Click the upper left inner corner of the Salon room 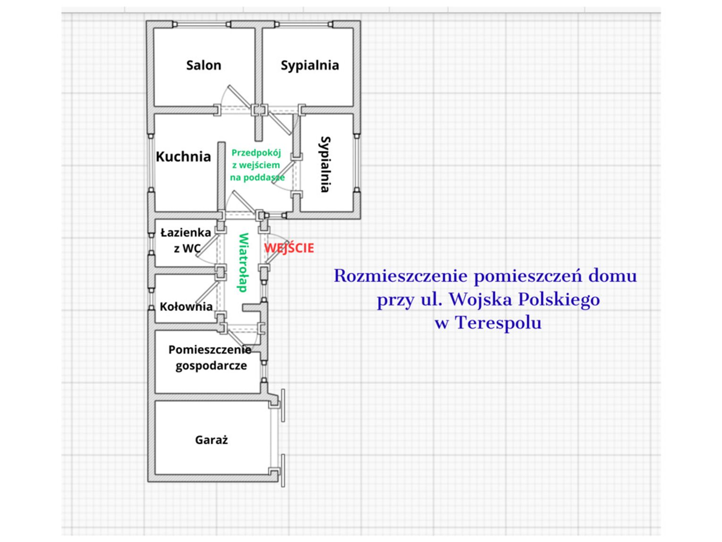point(154,29)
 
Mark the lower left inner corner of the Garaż point(155,474)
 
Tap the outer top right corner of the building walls point(361,21)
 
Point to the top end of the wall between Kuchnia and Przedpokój point(221,143)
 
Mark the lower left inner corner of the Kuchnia point(155,211)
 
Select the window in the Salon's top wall point(201,25)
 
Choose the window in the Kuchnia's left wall point(151,163)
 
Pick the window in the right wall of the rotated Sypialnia point(357,162)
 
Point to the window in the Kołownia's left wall point(151,299)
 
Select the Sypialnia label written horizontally point(310,65)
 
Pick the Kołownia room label point(186,307)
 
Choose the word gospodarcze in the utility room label point(211,365)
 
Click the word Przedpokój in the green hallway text point(256,153)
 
